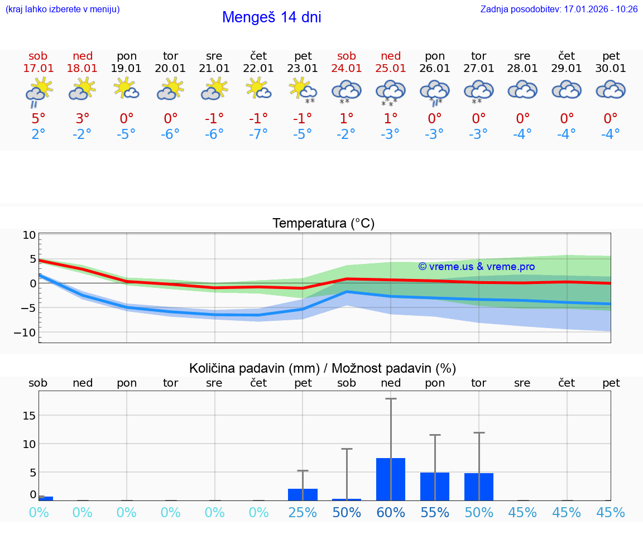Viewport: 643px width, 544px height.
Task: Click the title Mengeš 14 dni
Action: [271, 17]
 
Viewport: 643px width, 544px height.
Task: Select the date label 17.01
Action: [38, 69]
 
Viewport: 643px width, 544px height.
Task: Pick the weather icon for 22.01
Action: [258, 89]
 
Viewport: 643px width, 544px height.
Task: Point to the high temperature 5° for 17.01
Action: [38, 119]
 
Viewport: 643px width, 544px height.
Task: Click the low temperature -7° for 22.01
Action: [258, 134]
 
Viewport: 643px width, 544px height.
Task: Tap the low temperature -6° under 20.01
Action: [170, 134]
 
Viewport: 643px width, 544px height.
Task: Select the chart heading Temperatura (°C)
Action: [323, 224]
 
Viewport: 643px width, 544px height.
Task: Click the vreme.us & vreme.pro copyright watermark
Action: [477, 267]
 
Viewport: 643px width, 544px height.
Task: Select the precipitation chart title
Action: [323, 368]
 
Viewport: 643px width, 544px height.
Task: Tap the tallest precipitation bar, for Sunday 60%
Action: [391, 480]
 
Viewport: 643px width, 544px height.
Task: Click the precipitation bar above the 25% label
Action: [303, 494]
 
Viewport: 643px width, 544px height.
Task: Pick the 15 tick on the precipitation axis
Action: [30, 416]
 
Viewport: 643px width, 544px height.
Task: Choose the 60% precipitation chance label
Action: [391, 513]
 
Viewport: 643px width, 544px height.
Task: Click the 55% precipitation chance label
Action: [435, 513]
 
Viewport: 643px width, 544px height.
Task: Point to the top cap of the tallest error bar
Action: [391, 399]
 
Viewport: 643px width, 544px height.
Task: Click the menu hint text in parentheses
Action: [63, 9]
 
